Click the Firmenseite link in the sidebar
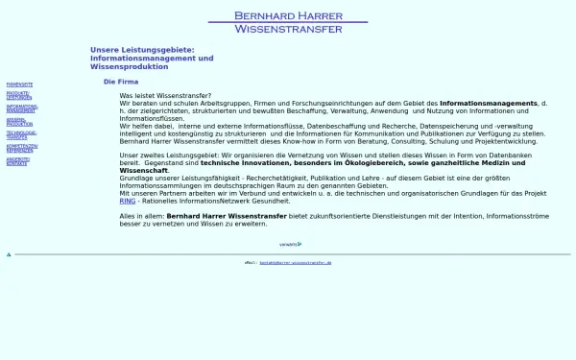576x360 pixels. point(19,84)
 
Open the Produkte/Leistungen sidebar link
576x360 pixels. point(18,96)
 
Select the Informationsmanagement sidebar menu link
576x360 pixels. point(21,108)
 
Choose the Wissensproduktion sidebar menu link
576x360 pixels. point(19,122)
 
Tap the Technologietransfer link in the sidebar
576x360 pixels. point(21,134)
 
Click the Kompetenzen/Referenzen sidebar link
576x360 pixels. point(21,148)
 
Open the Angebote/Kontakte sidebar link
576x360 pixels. point(17,160)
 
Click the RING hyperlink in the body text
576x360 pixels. point(127,201)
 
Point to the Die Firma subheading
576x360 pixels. point(121,82)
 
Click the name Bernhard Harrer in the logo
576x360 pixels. point(288,14)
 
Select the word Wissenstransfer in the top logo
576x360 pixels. point(288,29)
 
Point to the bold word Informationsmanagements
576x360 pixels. point(488,103)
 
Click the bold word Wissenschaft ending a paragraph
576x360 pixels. point(143,170)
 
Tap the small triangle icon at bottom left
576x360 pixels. point(9,254)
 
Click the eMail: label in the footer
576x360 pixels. point(251,262)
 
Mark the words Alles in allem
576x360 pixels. point(141,216)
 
